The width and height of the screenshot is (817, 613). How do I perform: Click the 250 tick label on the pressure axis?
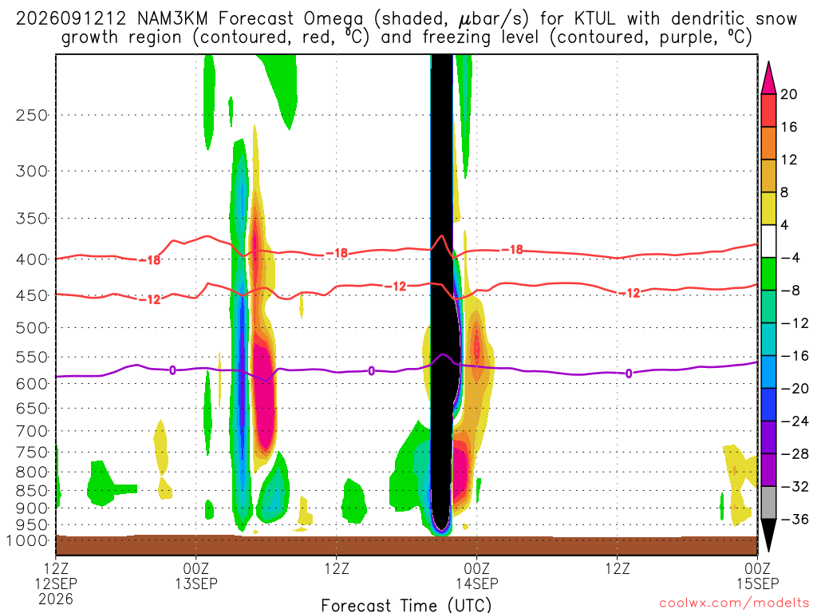click(x=32, y=115)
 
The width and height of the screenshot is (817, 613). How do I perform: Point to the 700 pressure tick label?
click(x=32, y=431)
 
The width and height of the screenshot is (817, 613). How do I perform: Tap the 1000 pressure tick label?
click(x=28, y=540)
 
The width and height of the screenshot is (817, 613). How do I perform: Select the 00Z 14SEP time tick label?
click(x=477, y=575)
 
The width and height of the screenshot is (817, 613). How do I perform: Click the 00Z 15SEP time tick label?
click(x=757, y=575)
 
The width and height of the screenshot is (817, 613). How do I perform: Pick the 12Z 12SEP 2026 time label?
click(x=56, y=583)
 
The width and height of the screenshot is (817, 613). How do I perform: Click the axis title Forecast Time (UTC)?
click(x=406, y=605)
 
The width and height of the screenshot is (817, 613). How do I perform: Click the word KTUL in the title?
click(x=594, y=19)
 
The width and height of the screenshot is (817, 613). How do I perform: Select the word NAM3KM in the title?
click(x=172, y=19)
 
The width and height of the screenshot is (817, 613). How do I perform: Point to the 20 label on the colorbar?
click(x=788, y=94)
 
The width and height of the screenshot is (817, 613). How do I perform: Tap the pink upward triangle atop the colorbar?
click(x=768, y=77)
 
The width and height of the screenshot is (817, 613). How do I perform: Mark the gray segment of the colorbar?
click(x=768, y=503)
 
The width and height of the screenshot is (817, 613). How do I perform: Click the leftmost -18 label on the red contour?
click(x=150, y=259)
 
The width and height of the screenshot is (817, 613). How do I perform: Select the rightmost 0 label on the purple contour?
click(x=629, y=374)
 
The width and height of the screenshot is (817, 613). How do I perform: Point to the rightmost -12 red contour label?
click(x=630, y=293)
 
